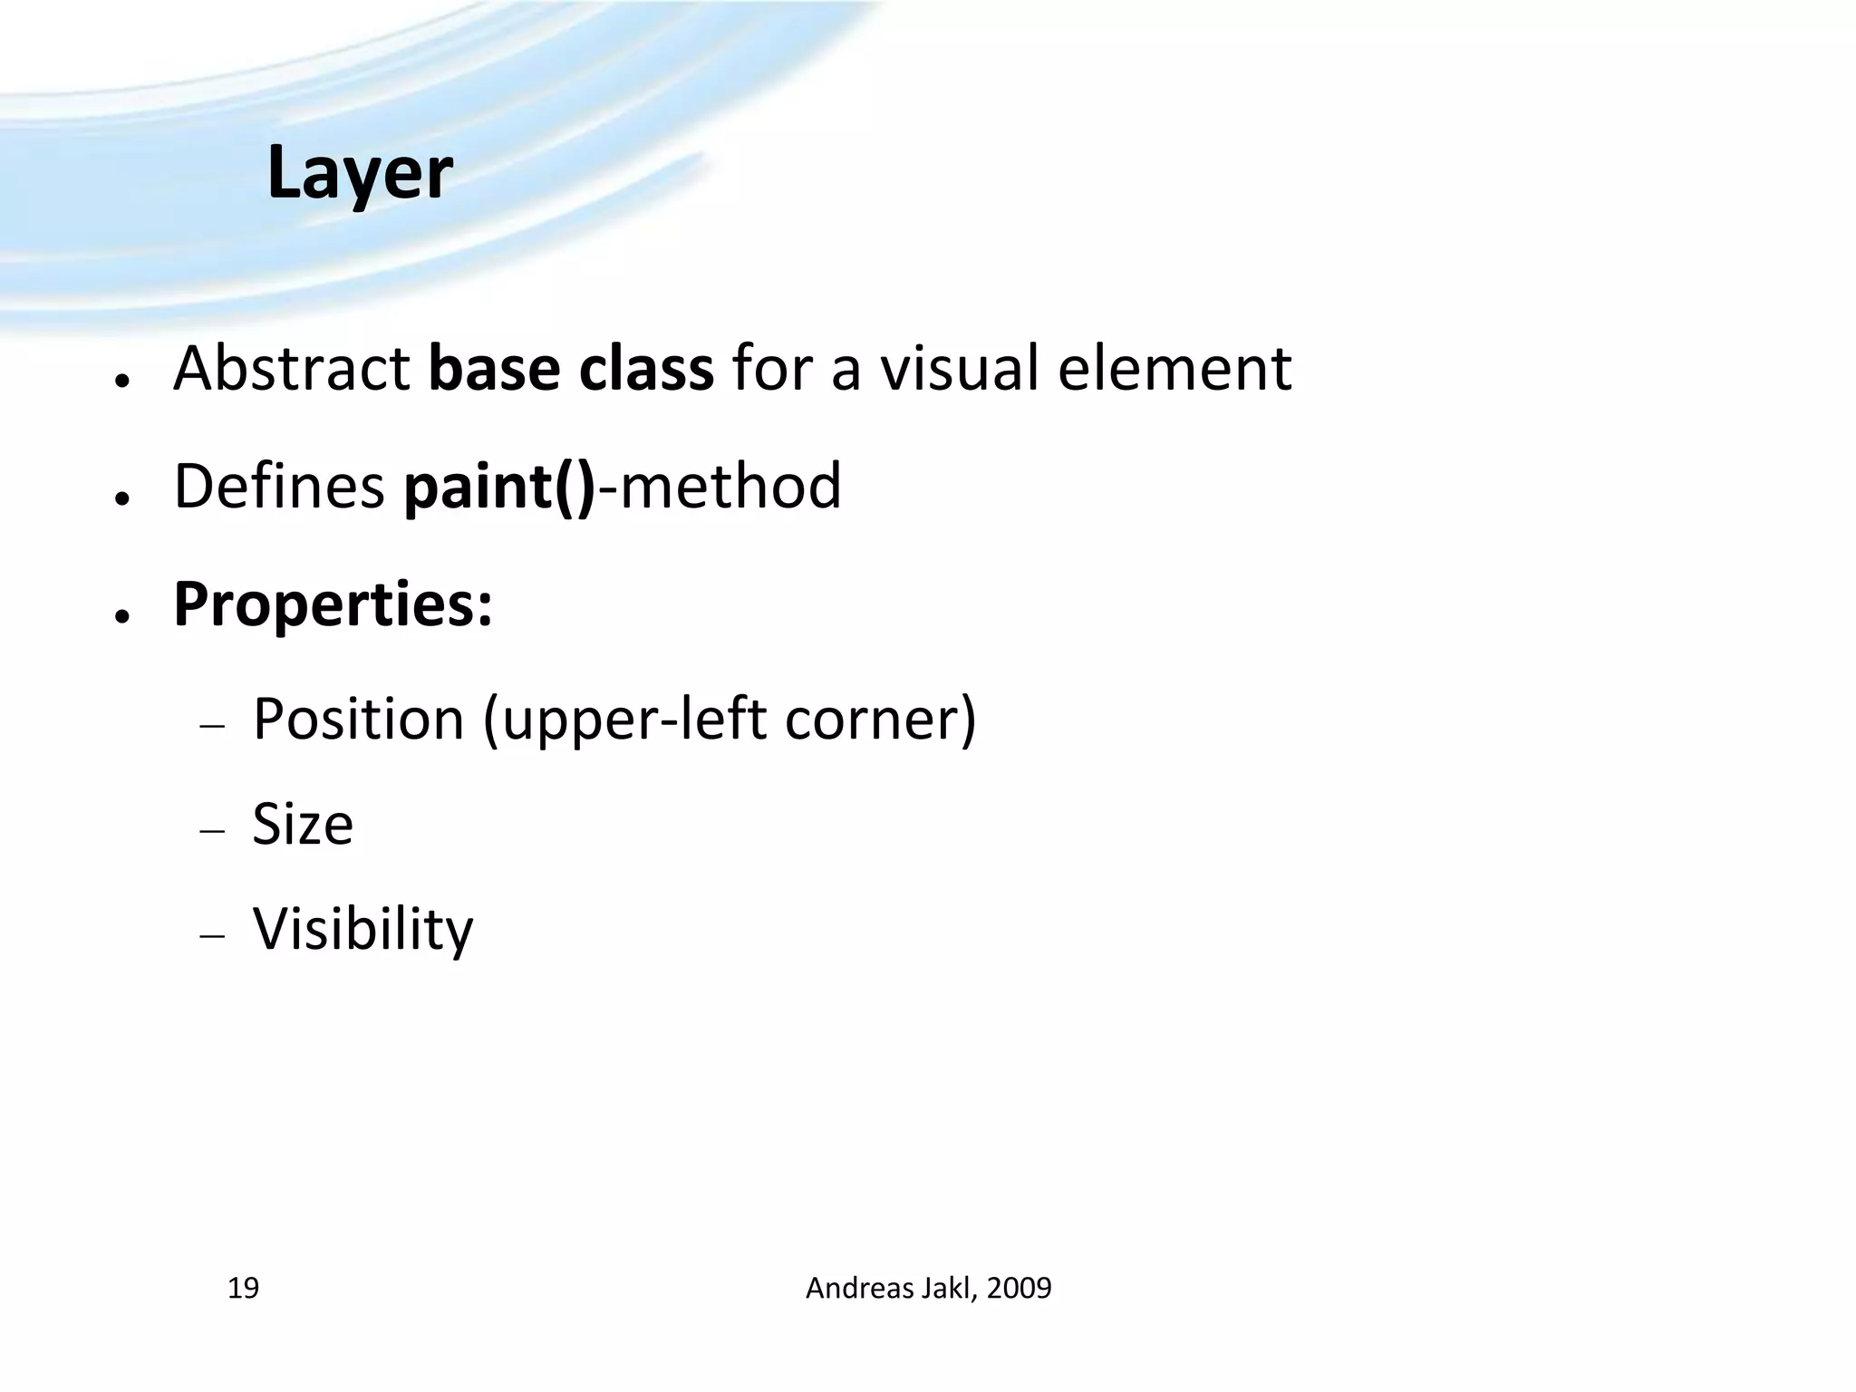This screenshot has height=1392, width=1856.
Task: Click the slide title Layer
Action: point(360,173)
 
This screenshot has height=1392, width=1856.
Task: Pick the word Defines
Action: point(279,487)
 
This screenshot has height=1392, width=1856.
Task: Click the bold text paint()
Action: point(499,488)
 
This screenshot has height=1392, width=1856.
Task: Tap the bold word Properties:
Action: point(333,605)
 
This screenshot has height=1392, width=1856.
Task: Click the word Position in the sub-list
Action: point(359,720)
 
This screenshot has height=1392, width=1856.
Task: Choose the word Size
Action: point(303,825)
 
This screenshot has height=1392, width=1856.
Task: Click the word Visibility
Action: point(362,930)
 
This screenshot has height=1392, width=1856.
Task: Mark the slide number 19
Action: point(243,1288)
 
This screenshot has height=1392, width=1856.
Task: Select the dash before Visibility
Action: point(211,936)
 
